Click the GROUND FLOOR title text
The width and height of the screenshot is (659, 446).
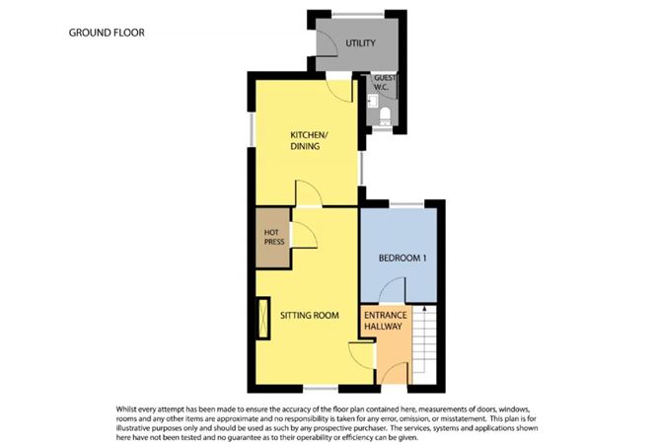click(107, 33)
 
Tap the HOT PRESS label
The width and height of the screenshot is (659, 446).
click(272, 237)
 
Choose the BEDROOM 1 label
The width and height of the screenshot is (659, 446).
click(403, 259)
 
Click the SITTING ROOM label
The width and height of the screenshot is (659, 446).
click(310, 316)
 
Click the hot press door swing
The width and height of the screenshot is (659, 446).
click(303, 234)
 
